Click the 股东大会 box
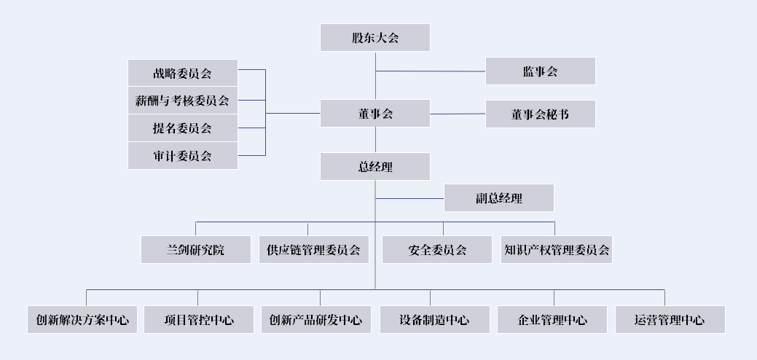tap(375, 38)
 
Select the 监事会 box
tap(540, 71)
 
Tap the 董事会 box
tap(375, 114)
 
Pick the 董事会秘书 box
tap(540, 114)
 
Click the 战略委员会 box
tap(182, 73)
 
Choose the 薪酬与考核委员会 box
tap(182, 101)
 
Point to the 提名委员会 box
tap(182, 128)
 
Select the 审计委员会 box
tap(182, 156)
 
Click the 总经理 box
tap(375, 167)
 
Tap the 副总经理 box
tap(499, 197)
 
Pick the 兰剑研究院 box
tap(195, 250)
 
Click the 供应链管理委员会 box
tap(314, 250)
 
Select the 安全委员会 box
tap(437, 250)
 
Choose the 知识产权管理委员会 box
tap(557, 250)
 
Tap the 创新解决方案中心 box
tap(82, 319)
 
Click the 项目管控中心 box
tap(199, 319)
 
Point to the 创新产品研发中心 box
tap(316, 319)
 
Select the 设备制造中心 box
tap(434, 319)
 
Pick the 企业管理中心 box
tap(552, 319)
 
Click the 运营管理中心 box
tap(670, 319)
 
